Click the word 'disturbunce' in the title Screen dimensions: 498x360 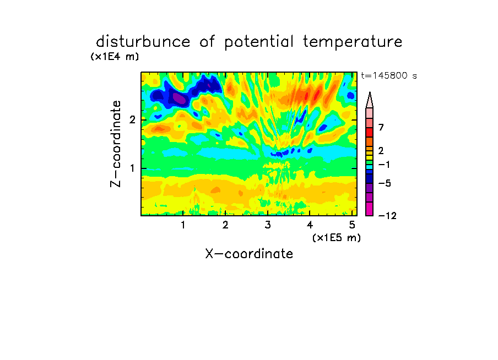click(x=143, y=42)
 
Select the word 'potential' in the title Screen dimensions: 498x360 click(x=259, y=42)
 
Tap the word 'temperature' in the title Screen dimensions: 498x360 click(x=353, y=42)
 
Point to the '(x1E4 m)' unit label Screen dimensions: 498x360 click(x=115, y=57)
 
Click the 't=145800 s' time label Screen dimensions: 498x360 click(x=389, y=75)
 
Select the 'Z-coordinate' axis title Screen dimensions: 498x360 click(x=116, y=144)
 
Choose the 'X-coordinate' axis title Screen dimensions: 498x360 click(x=249, y=254)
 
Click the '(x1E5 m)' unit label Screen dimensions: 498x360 click(x=337, y=238)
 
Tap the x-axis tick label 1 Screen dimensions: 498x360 click(x=183, y=225)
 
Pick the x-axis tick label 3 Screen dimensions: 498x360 click(x=268, y=225)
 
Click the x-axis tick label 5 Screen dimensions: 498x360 click(x=352, y=225)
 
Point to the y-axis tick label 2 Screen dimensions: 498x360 click(x=132, y=120)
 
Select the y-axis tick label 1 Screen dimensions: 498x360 click(x=132, y=168)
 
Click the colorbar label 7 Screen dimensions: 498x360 click(x=381, y=128)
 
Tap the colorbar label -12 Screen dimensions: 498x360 click(x=387, y=216)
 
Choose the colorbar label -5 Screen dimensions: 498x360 click(x=385, y=183)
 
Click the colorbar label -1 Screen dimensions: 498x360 click(x=384, y=165)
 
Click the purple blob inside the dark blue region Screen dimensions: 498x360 click(x=179, y=98)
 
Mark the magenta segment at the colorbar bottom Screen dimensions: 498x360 click(x=370, y=209)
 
